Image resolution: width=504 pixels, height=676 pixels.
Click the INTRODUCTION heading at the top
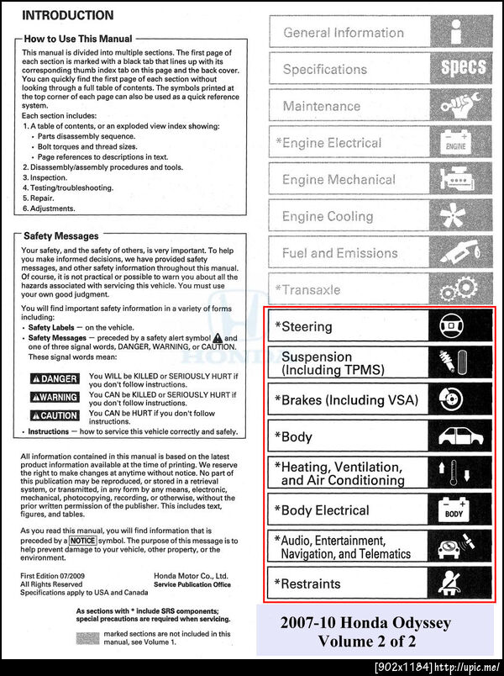pyautogui.click(x=67, y=15)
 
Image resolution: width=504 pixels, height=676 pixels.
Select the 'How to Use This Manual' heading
pyautogui.click(x=78, y=39)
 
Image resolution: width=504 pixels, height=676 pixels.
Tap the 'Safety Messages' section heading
pyautogui.click(x=60, y=236)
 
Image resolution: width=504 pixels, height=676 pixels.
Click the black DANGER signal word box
pyautogui.click(x=55, y=379)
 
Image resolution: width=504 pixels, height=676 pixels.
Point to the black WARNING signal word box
pyautogui.click(x=55, y=397)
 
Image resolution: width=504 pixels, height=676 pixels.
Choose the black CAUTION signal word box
pyautogui.click(x=55, y=415)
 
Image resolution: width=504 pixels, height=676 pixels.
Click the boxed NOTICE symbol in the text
pyautogui.click(x=87, y=541)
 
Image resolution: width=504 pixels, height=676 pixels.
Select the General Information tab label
pyautogui.click(x=344, y=33)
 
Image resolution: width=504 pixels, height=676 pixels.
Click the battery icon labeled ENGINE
pyautogui.click(x=455, y=142)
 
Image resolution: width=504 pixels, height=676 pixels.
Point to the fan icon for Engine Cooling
pyautogui.click(x=461, y=216)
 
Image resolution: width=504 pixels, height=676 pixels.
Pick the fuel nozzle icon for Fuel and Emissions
pyautogui.click(x=461, y=252)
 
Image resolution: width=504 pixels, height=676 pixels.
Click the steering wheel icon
pyautogui.click(x=454, y=325)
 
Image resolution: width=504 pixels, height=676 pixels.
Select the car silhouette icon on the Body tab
pyautogui.click(x=461, y=436)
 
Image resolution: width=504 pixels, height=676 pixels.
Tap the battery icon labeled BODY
pyautogui.click(x=454, y=510)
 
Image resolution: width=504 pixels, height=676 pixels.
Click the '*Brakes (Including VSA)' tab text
pyautogui.click(x=346, y=399)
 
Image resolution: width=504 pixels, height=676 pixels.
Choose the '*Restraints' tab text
pyautogui.click(x=307, y=584)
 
